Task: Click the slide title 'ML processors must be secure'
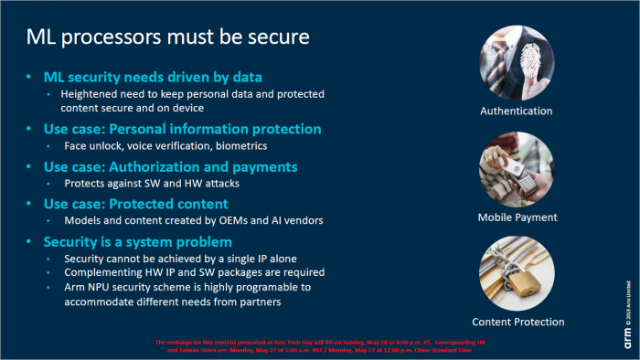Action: (166, 38)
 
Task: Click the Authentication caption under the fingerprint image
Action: (517, 111)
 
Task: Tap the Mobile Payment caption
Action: (517, 217)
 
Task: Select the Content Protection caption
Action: (517, 322)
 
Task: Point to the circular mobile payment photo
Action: (517, 166)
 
